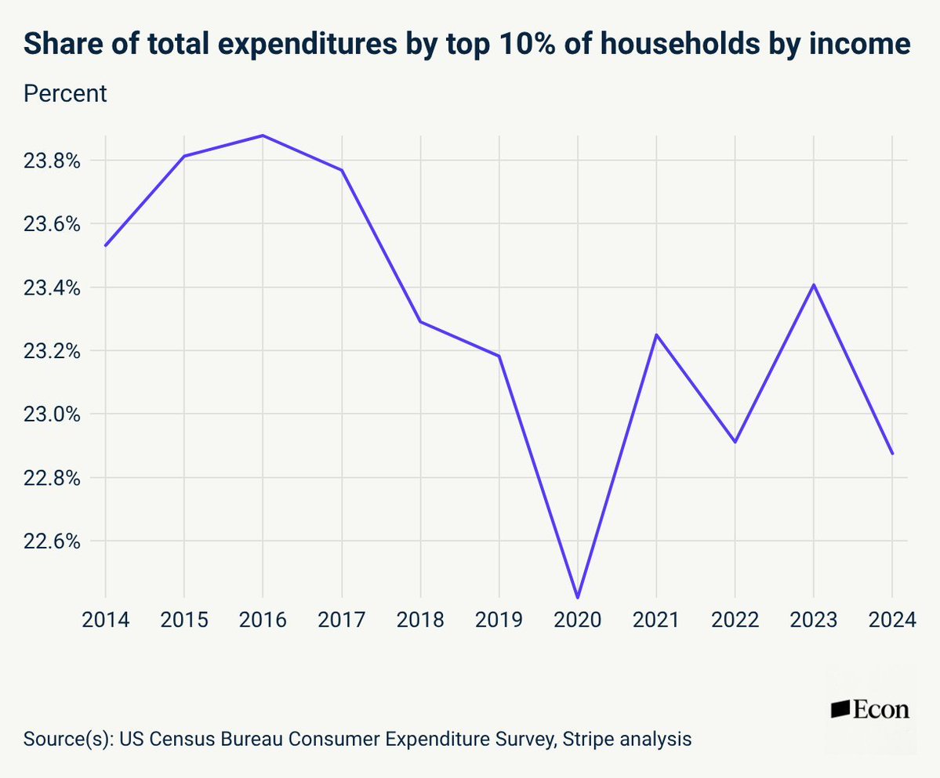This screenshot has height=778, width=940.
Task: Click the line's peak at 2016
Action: point(263,136)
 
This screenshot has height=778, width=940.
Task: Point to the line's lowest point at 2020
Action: point(578,598)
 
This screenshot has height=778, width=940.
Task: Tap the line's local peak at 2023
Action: point(814,284)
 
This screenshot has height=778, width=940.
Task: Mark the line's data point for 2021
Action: point(656,335)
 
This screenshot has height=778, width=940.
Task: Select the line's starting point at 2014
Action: point(105,245)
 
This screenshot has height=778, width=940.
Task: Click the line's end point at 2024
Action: point(892,454)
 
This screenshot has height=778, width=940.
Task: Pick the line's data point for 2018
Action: point(420,321)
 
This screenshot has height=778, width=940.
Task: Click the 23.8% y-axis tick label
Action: point(54,161)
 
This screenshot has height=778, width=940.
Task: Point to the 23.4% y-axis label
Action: point(54,288)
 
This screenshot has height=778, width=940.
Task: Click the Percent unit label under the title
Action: point(65,94)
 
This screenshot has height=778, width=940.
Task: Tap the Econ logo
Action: point(869,710)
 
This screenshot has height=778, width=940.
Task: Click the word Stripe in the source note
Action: point(587,738)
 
